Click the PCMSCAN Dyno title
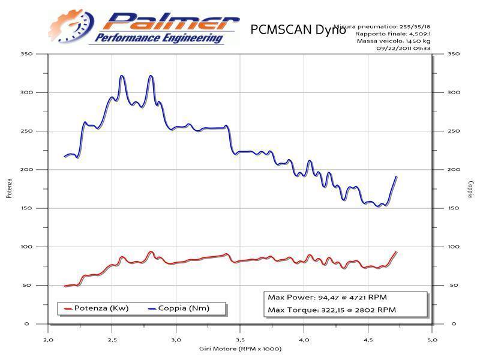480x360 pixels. coord(296,29)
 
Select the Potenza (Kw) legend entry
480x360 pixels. coord(96,308)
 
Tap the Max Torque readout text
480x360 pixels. coord(332,310)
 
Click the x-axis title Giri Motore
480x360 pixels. coord(240,349)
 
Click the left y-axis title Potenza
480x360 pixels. coord(9,188)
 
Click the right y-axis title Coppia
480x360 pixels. coord(470,188)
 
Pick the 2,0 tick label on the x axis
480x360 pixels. coord(47,339)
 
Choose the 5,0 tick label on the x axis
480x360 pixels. coord(432,339)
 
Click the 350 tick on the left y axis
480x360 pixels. coord(25,54)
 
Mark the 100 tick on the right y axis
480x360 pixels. coord(454,247)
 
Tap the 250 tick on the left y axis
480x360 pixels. coord(25,131)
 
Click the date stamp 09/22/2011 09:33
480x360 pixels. coord(401,49)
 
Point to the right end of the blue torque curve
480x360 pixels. coord(396,176)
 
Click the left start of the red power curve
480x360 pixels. coord(64,286)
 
